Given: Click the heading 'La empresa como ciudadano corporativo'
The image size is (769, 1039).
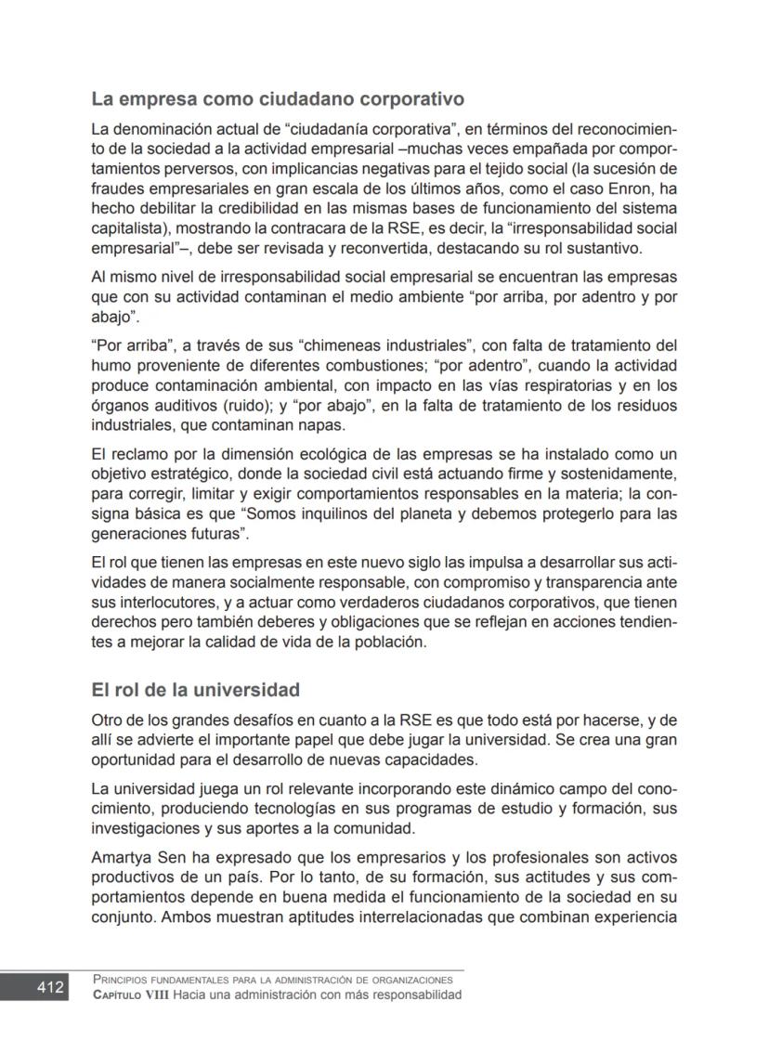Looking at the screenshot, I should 278,98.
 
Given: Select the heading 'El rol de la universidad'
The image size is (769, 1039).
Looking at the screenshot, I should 195,690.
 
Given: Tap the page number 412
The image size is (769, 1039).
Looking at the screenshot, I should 50,987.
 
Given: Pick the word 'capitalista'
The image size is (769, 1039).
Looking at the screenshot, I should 128,228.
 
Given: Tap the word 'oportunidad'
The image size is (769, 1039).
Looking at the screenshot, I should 137,760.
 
